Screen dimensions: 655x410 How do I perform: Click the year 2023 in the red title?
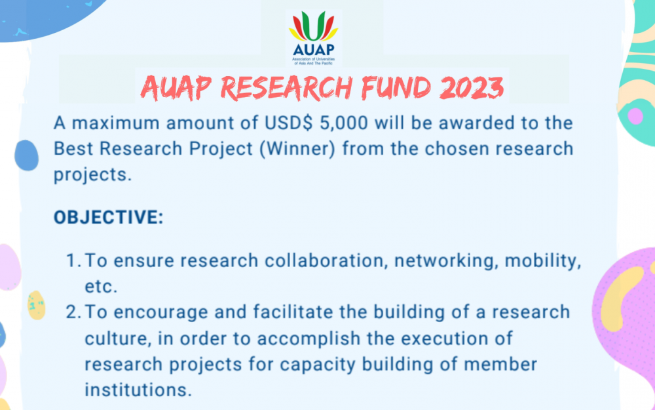[471, 89]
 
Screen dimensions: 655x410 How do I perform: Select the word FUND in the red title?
[395, 89]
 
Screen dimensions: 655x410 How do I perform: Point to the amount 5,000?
[343, 123]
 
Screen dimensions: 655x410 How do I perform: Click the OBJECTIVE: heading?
[109, 217]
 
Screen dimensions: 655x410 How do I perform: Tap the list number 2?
[73, 312]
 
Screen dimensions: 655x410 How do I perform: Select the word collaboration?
[324, 260]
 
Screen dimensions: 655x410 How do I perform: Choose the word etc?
[101, 287]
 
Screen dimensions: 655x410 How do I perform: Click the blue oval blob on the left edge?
[27, 155]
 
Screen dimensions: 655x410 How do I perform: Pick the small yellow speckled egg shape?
[36, 306]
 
